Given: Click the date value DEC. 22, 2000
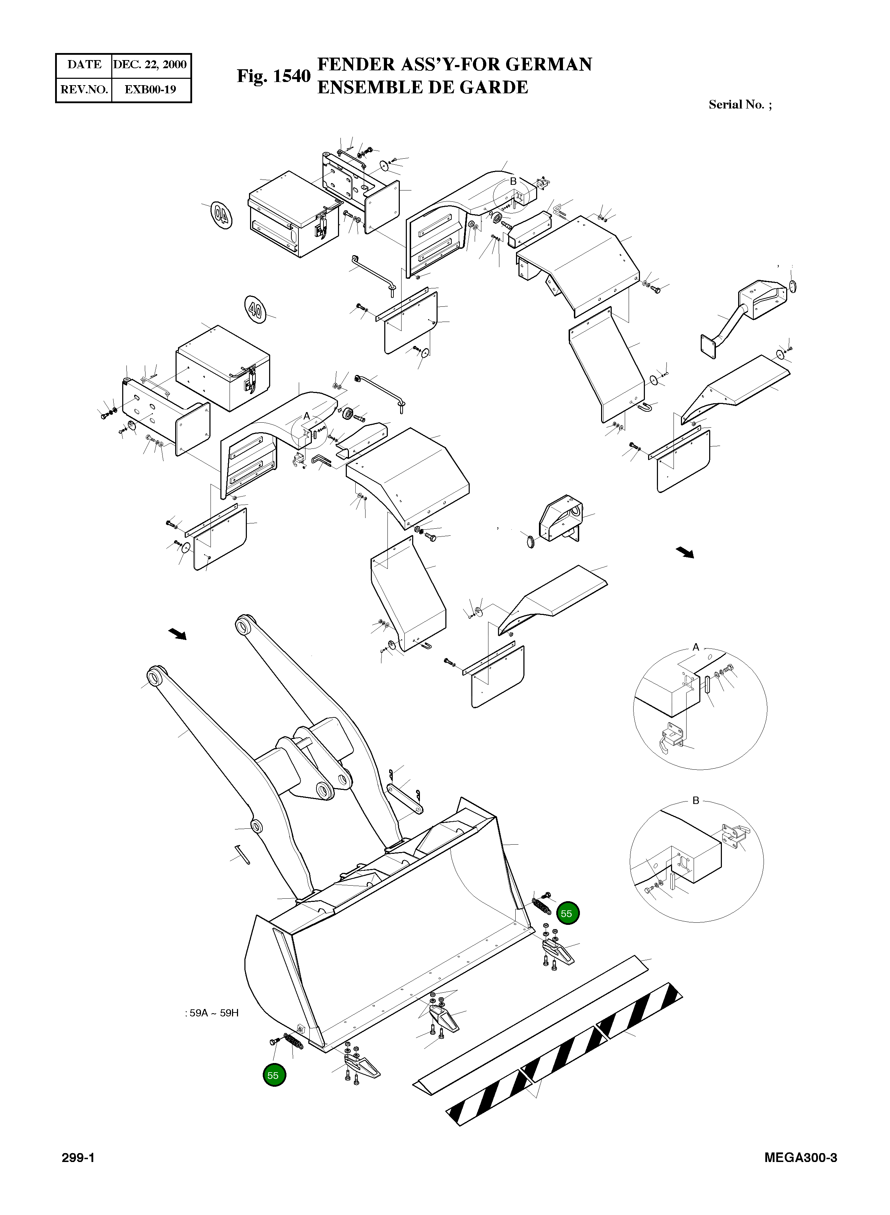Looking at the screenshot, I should (150, 65).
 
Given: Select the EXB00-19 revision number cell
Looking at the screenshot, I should (150, 89).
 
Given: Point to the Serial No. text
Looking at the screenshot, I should (739, 105).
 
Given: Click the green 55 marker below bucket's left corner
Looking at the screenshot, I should (274, 1075).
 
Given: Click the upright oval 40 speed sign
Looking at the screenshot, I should (255, 309).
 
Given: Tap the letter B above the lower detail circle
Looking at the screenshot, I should (695, 800).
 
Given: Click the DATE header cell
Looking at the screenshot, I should (84, 65).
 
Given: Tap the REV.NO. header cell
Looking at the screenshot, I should (84, 89).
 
